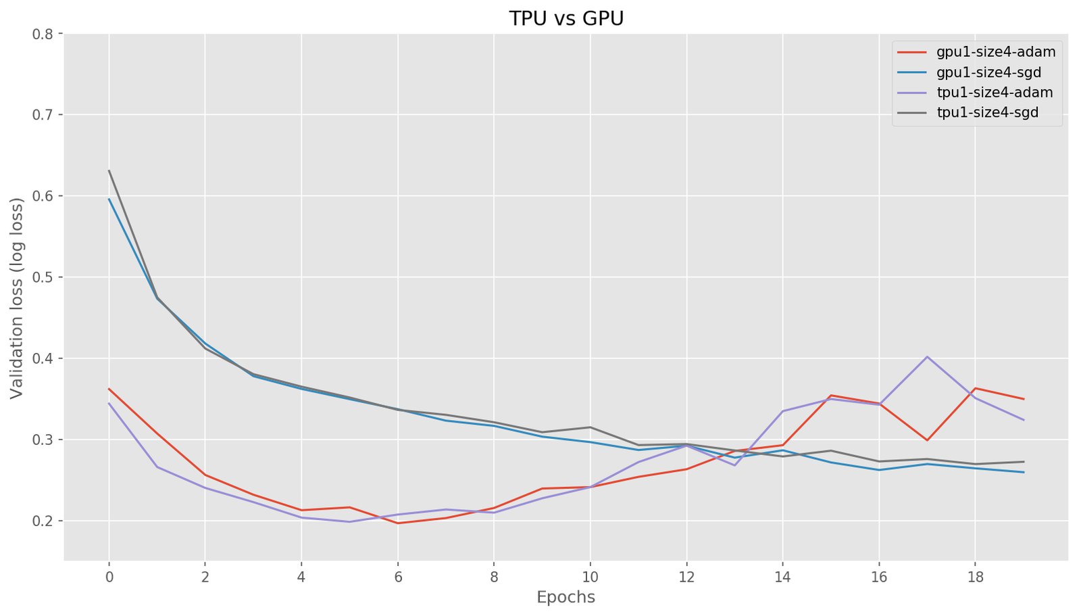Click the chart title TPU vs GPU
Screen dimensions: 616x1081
pos(566,18)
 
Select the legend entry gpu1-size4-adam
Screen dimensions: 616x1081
pos(995,51)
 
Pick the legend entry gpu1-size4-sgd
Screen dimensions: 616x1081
pos(988,72)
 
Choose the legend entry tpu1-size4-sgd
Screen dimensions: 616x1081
pos(987,112)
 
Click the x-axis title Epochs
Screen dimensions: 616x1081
pos(565,597)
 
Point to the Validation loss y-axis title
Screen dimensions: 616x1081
pos(17,298)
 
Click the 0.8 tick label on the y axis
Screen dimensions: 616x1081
pos(43,34)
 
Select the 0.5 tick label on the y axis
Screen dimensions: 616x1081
pos(43,277)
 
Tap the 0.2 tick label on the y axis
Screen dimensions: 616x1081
pos(43,521)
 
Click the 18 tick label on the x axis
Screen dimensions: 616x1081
pos(975,577)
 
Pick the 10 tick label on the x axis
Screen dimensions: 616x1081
pos(590,577)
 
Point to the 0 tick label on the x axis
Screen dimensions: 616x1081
pos(109,577)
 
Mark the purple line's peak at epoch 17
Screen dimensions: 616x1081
pos(927,356)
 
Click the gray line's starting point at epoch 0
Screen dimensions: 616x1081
pos(109,170)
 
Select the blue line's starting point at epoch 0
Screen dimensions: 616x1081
pos(109,199)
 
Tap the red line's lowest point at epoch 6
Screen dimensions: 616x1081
pos(398,523)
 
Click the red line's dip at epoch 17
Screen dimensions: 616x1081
pos(927,440)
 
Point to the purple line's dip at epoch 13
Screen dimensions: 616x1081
pos(734,465)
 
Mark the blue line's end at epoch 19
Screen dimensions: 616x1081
pos(1024,472)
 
